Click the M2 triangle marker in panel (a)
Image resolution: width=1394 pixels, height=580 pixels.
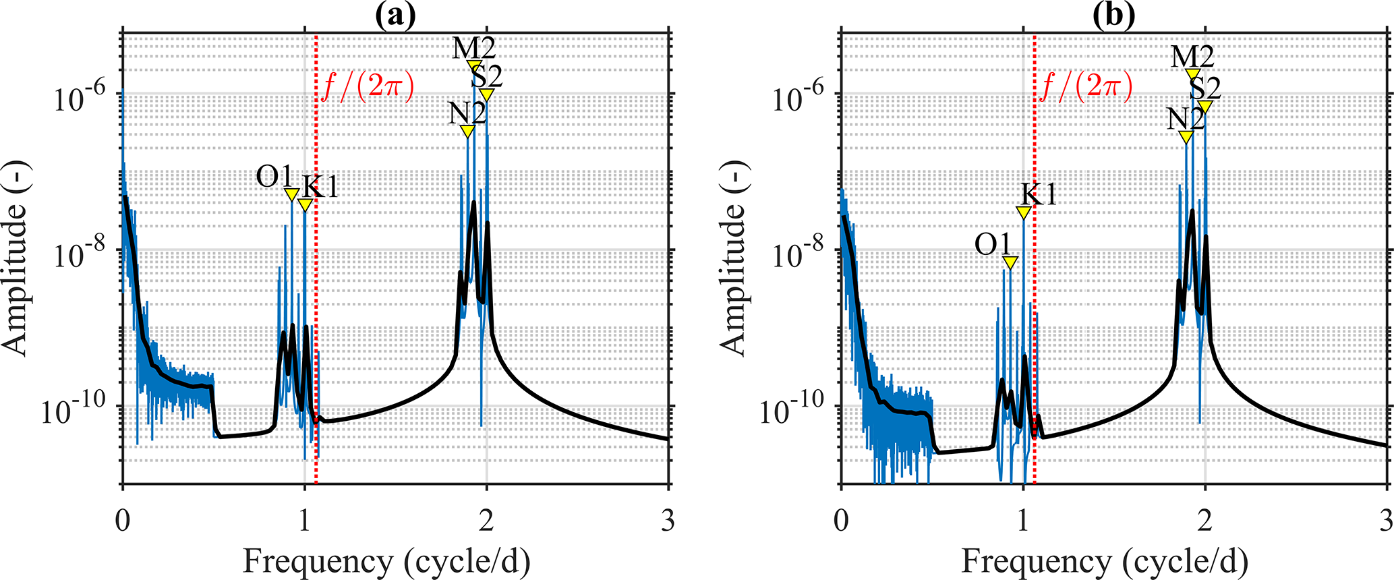[x=474, y=65]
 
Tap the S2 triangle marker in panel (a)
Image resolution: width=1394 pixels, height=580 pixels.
[x=486, y=94]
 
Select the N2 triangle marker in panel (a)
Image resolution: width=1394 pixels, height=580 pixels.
[x=467, y=131]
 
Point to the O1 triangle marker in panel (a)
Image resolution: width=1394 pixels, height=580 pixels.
[x=291, y=194]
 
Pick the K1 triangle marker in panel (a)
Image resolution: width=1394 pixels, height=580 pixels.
[x=305, y=205]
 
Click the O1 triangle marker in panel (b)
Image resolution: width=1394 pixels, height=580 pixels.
[x=1010, y=263]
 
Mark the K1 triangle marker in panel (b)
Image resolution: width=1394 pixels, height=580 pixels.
[x=1024, y=212]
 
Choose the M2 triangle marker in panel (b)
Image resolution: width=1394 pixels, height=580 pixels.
[x=1193, y=74]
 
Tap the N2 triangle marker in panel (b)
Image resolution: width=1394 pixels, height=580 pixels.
[x=1186, y=136]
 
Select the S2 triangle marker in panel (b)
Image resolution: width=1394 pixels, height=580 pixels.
[x=1205, y=107]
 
